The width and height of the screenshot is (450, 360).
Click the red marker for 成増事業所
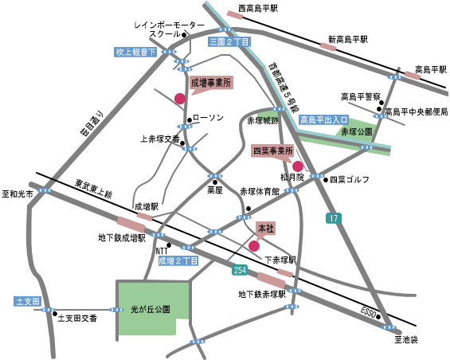(x=180, y=99)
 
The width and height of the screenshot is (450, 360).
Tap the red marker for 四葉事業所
(x=298, y=166)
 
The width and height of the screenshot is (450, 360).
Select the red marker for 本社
(x=254, y=246)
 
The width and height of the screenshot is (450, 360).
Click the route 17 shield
(x=334, y=218)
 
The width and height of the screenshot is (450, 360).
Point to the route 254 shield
(x=240, y=270)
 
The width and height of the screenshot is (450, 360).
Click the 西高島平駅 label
(x=258, y=8)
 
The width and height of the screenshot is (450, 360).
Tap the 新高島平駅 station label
(x=348, y=39)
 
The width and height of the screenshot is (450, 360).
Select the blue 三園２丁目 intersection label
(x=229, y=42)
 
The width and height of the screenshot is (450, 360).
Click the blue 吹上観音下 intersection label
(x=135, y=52)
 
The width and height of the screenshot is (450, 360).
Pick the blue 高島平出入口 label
(x=323, y=119)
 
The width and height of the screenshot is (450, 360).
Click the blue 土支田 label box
(x=28, y=301)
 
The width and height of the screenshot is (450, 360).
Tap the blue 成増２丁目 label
(x=178, y=261)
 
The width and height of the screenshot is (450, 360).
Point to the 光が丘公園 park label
(x=151, y=309)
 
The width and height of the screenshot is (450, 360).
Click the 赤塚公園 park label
(x=357, y=131)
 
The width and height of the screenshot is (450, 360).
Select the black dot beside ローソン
(x=189, y=120)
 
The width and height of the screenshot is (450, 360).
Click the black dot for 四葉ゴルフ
(x=326, y=180)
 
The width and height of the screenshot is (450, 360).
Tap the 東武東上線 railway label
(x=93, y=189)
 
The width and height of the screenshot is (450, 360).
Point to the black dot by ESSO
(x=378, y=317)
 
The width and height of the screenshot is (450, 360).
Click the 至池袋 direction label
(x=406, y=340)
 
